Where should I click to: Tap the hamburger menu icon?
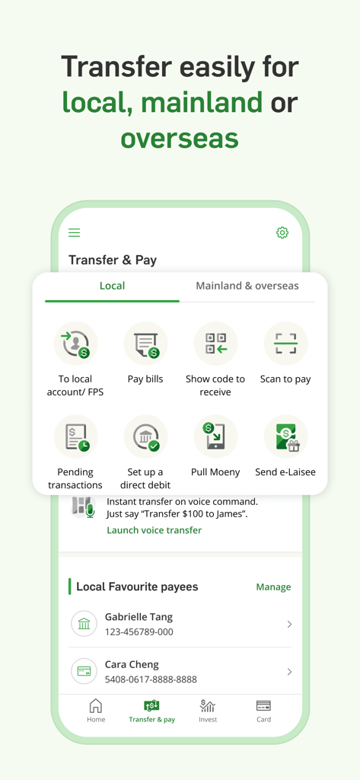pyautogui.click(x=74, y=233)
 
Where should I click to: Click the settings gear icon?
pyautogui.click(x=282, y=233)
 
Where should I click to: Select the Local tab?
pyautogui.click(x=112, y=286)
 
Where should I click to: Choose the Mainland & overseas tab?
pyautogui.click(x=247, y=286)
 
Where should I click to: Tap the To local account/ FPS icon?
pyautogui.click(x=75, y=344)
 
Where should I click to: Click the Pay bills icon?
pyautogui.click(x=145, y=344)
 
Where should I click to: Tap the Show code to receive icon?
pyautogui.click(x=215, y=344)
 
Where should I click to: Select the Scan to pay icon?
pyautogui.click(x=285, y=344)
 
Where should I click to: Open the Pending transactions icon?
pyautogui.click(x=75, y=436)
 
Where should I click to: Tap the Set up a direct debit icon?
pyautogui.click(x=145, y=436)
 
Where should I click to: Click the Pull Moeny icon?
pyautogui.click(x=215, y=436)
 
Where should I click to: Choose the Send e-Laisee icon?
pyautogui.click(x=285, y=436)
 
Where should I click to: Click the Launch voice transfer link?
pyautogui.click(x=154, y=530)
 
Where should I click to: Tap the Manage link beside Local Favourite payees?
pyautogui.click(x=273, y=587)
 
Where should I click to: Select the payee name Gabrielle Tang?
pyautogui.click(x=139, y=617)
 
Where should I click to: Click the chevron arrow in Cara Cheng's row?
pyautogui.click(x=289, y=672)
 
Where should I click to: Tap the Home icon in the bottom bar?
pyautogui.click(x=96, y=706)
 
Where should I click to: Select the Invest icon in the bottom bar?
pyautogui.click(x=208, y=706)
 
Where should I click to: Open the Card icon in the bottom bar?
pyautogui.click(x=263, y=706)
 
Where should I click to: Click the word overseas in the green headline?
pyautogui.click(x=180, y=138)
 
